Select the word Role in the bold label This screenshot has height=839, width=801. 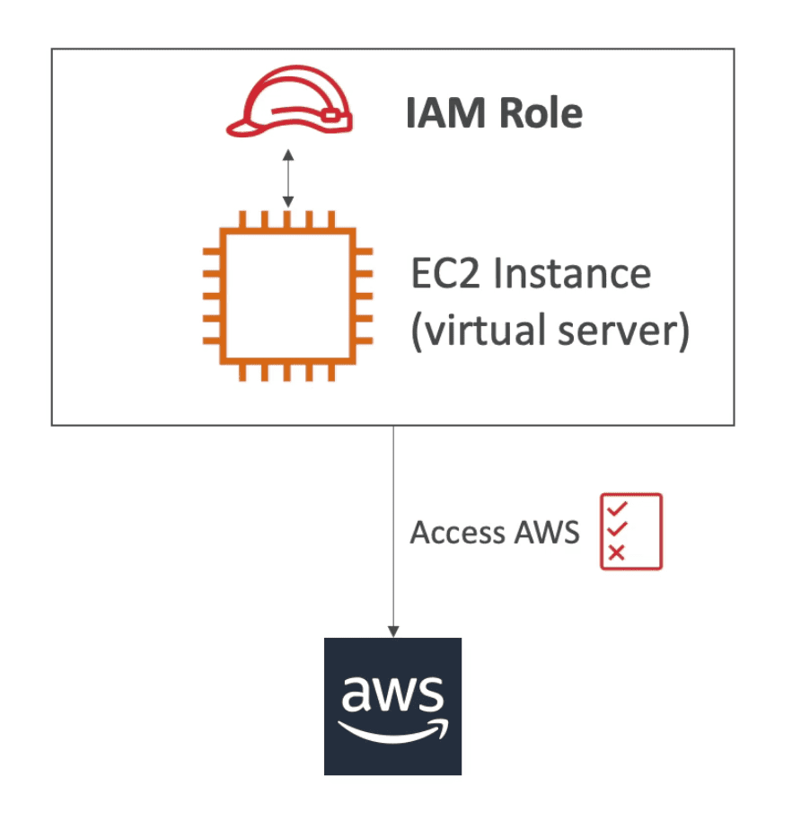pos(538,114)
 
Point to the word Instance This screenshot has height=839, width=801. pos(573,272)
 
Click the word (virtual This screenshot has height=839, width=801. pos(474,331)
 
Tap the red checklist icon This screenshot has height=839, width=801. pos(630,531)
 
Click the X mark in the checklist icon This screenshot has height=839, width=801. pos(616,552)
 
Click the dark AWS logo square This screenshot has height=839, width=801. pos(392,706)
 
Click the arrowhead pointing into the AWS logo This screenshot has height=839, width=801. pos(392,631)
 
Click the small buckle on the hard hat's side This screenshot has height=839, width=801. pos(331,115)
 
